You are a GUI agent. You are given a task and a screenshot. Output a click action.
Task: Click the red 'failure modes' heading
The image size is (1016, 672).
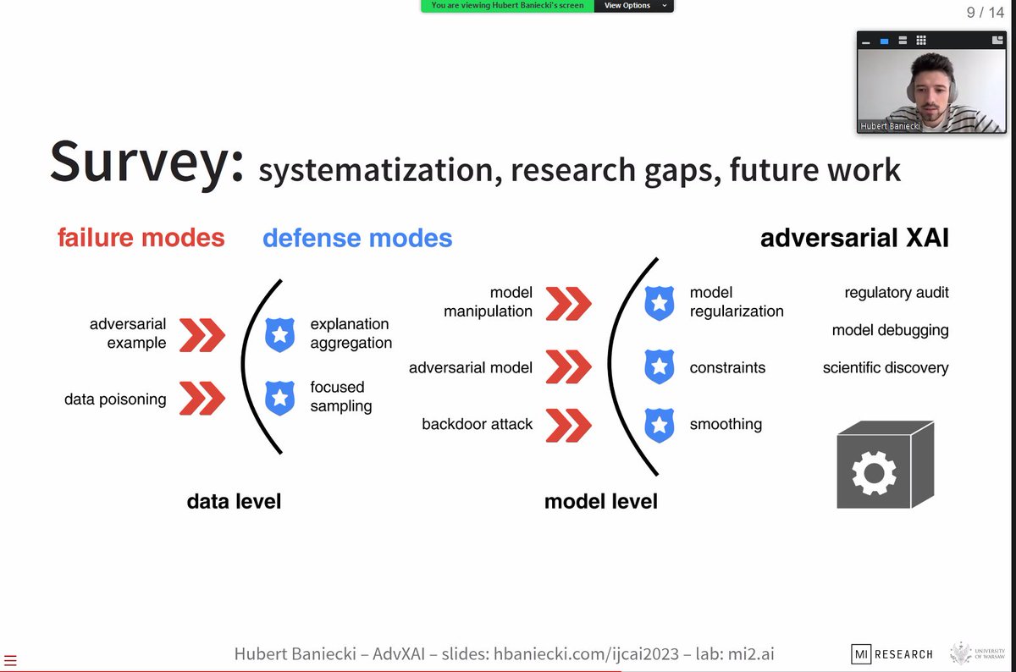tap(141, 238)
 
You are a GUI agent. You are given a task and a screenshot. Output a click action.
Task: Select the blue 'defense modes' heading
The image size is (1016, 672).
tap(357, 238)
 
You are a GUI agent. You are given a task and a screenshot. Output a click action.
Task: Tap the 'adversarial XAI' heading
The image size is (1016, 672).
tap(854, 238)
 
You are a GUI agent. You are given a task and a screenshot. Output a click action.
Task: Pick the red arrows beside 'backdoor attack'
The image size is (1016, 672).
tap(568, 424)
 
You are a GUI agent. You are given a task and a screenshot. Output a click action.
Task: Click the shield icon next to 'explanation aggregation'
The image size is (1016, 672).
tap(280, 334)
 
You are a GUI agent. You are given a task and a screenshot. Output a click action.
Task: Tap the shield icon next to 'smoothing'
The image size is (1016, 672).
tap(660, 425)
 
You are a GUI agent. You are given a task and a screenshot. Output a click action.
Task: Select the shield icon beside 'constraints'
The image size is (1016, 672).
tap(660, 367)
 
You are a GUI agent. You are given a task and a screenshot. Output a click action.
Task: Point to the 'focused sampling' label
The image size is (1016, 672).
tap(340, 396)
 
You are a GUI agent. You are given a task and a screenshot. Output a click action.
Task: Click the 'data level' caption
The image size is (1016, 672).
tap(234, 501)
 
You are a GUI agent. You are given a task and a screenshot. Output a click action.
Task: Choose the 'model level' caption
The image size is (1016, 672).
tap(600, 501)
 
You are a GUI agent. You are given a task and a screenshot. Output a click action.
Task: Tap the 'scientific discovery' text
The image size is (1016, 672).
tap(886, 368)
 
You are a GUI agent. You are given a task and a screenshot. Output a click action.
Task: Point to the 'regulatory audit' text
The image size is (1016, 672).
tap(896, 293)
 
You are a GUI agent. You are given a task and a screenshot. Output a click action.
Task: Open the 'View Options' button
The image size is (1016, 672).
tap(633, 6)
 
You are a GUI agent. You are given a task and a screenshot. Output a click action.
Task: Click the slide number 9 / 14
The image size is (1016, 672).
tap(985, 13)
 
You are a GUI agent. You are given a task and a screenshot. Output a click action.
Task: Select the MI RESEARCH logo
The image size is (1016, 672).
tap(892, 653)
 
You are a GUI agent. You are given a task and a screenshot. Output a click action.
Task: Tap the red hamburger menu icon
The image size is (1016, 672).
tap(10, 660)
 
